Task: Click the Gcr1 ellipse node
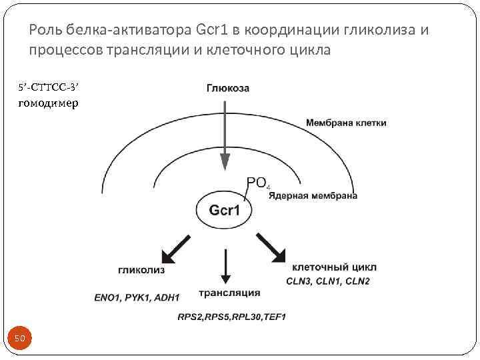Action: click(x=224, y=211)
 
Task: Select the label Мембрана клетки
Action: click(x=346, y=123)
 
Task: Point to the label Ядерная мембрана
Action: click(x=317, y=196)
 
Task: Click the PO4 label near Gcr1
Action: click(x=258, y=183)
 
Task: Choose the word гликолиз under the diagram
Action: click(x=141, y=271)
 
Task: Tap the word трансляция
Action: click(x=229, y=293)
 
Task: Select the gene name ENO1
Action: click(x=107, y=297)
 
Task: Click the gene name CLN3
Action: click(x=299, y=281)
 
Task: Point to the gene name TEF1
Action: click(x=273, y=315)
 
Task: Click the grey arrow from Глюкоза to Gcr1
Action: click(x=225, y=133)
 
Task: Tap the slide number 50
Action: click(x=20, y=339)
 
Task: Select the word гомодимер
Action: click(x=47, y=103)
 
